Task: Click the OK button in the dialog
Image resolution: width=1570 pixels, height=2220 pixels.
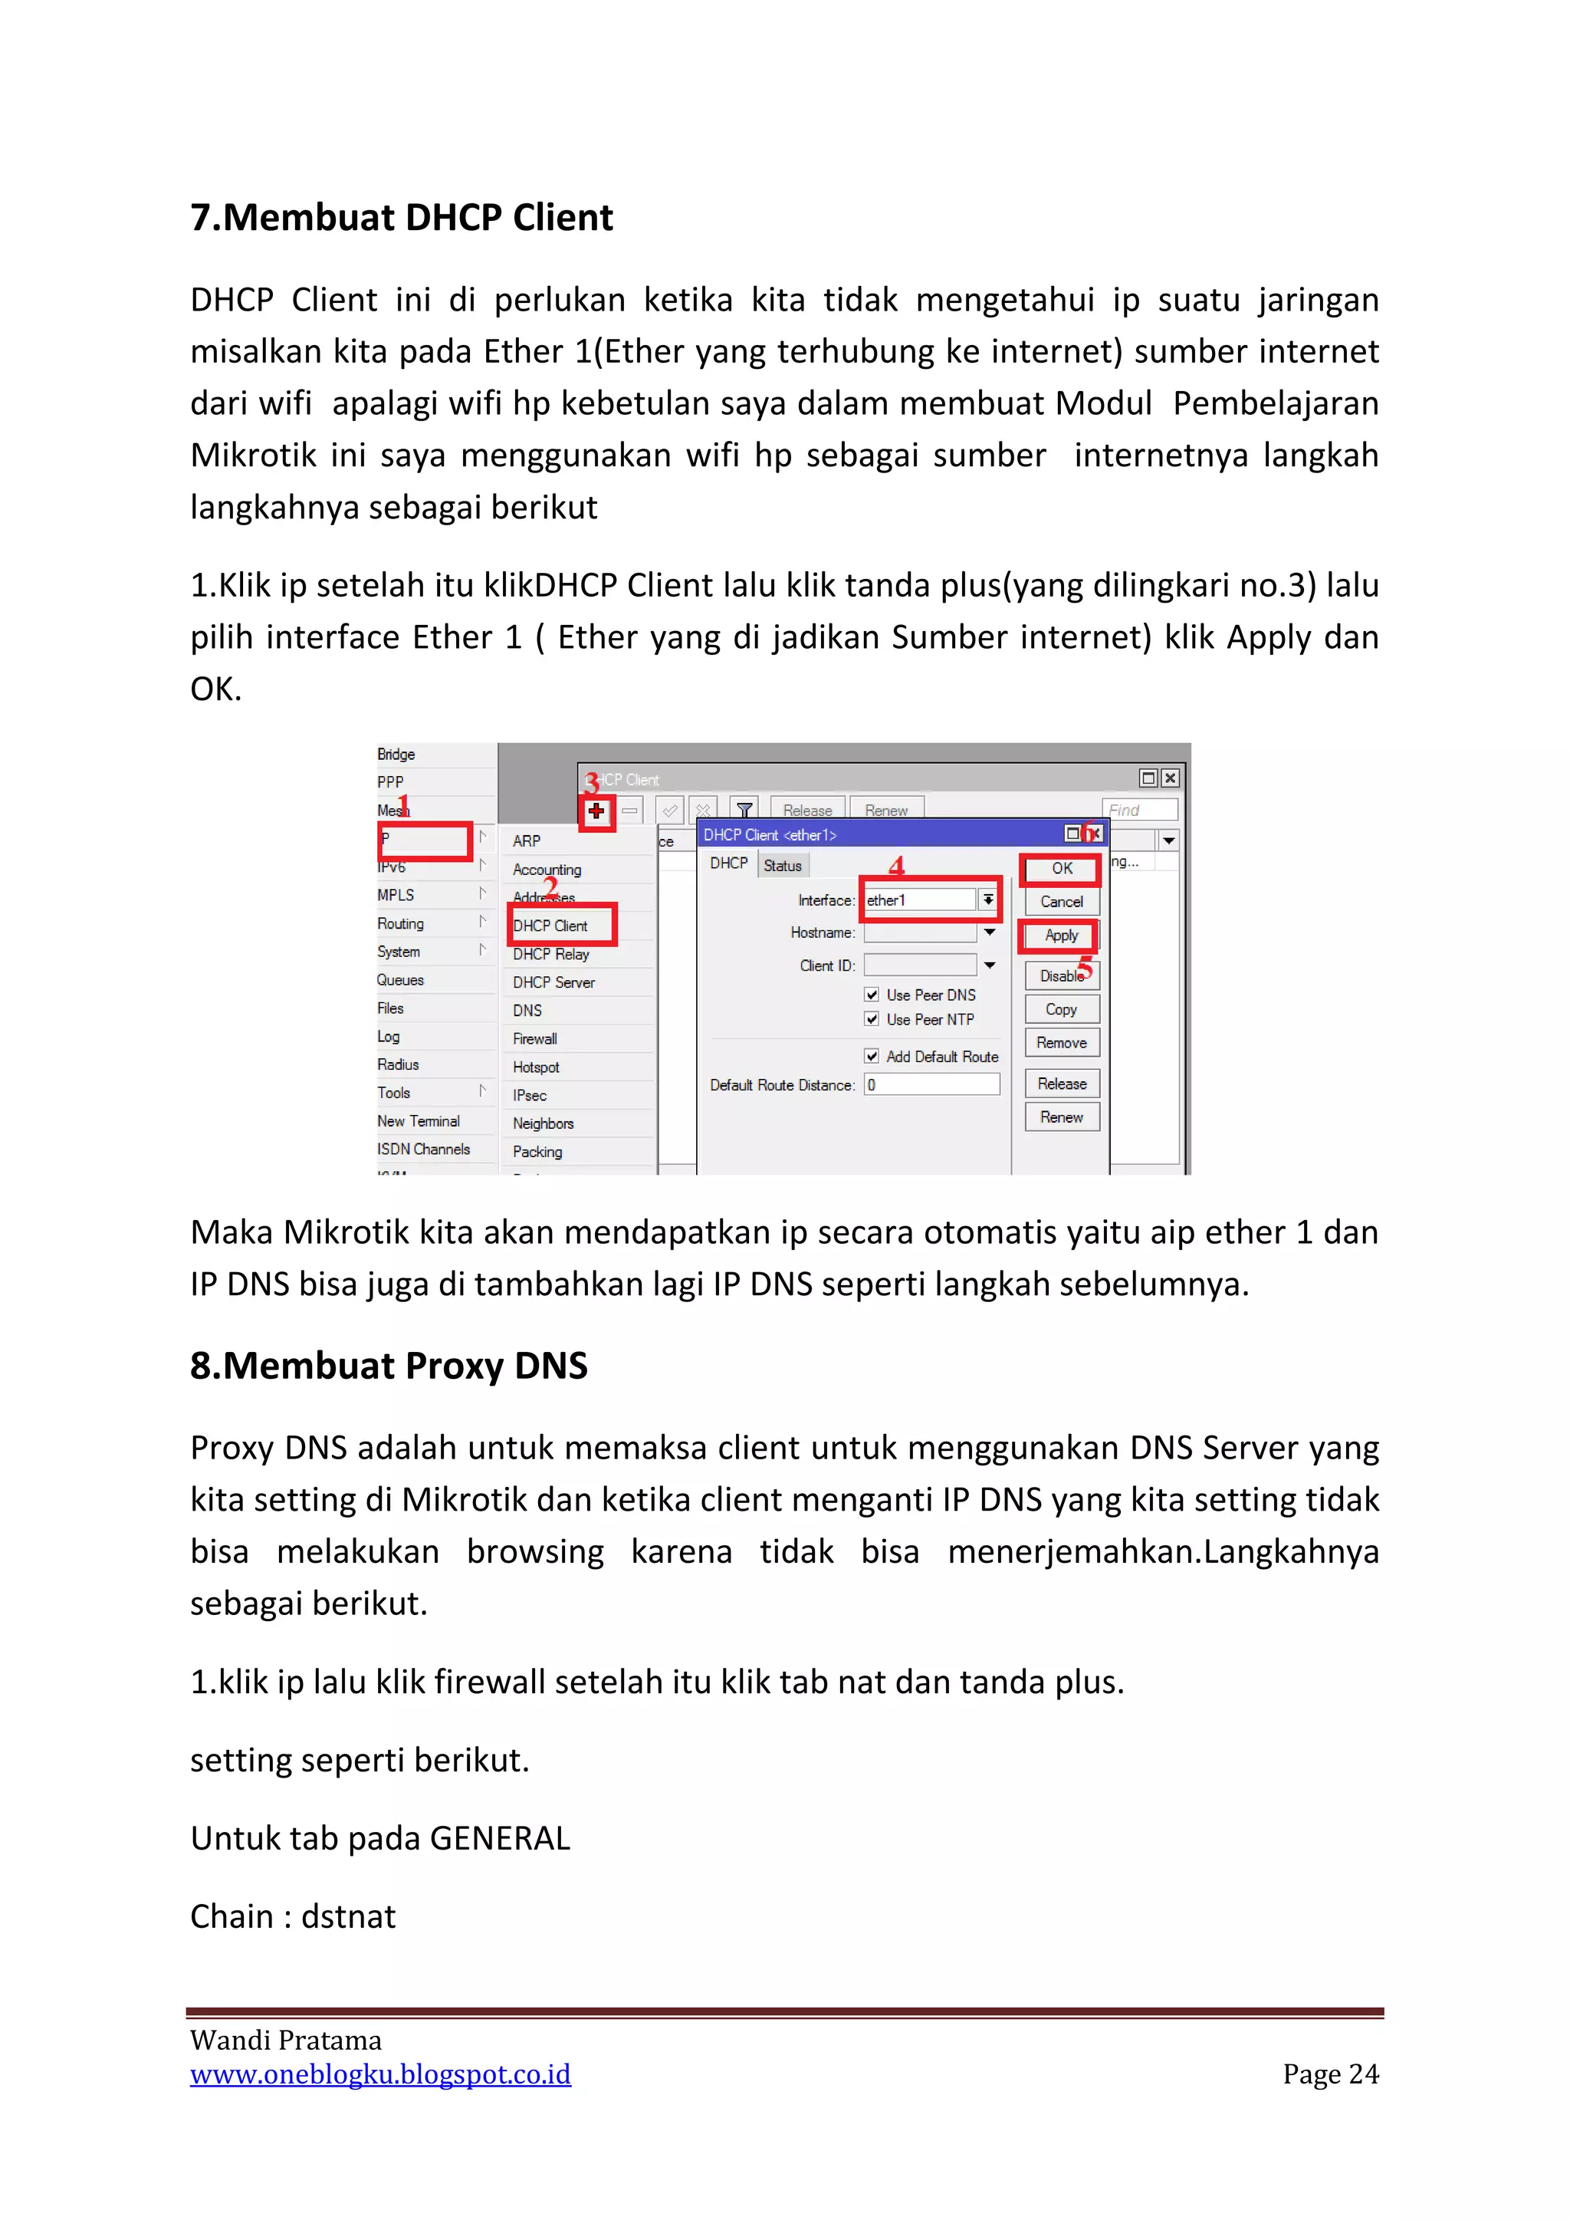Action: click(x=1062, y=868)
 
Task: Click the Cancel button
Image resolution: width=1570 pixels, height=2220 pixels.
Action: click(x=1062, y=901)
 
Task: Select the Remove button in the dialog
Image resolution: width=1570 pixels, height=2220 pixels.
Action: click(x=1062, y=1042)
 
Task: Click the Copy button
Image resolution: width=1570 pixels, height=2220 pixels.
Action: click(x=1062, y=1009)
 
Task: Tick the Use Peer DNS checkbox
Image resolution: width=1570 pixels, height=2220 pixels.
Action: click(x=872, y=995)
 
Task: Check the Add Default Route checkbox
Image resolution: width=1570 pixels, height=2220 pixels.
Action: click(x=872, y=1057)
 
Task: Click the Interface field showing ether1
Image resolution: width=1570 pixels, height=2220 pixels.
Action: click(x=919, y=900)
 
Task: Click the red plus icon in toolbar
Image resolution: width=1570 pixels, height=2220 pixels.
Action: click(x=596, y=811)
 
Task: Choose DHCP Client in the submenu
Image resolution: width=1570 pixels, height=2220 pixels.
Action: click(x=550, y=926)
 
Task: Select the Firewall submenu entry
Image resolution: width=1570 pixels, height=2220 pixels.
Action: click(x=534, y=1038)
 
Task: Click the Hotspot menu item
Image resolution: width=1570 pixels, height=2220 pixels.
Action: click(x=536, y=1067)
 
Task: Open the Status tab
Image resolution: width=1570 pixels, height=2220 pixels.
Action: click(x=782, y=865)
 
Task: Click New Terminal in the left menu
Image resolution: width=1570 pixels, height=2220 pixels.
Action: click(x=418, y=1120)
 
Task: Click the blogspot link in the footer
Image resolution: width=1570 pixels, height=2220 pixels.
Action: click(x=380, y=2074)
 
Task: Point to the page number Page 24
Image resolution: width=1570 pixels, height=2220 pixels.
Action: click(x=1330, y=2074)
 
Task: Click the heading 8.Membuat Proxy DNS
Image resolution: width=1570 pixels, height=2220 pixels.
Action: click(x=389, y=1365)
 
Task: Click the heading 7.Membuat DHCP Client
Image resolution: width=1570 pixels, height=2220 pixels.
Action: click(x=401, y=218)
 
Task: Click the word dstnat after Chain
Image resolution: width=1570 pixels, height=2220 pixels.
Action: click(x=348, y=1916)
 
